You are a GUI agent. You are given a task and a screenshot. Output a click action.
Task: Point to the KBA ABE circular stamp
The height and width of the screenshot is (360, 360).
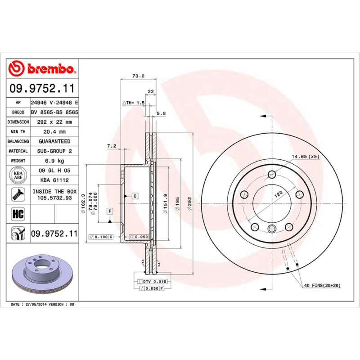coord(18,175)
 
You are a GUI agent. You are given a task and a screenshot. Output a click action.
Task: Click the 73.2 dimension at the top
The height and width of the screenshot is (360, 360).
coord(138,76)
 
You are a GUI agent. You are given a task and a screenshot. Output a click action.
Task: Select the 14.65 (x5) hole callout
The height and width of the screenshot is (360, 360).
coord(305,157)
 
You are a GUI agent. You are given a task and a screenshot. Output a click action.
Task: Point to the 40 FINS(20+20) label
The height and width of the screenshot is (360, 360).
coord(322,286)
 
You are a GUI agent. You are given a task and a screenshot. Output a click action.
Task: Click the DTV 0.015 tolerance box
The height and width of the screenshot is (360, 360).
coord(155,281)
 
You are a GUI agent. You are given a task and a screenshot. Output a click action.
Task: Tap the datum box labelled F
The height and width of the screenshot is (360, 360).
coord(109,211)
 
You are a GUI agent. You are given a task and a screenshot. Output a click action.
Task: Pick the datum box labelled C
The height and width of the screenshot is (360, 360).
coord(135,196)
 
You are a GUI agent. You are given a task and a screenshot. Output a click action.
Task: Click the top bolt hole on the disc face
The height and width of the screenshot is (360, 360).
coord(271,175)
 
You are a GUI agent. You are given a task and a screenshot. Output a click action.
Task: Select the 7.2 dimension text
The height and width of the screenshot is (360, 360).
coord(112,146)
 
